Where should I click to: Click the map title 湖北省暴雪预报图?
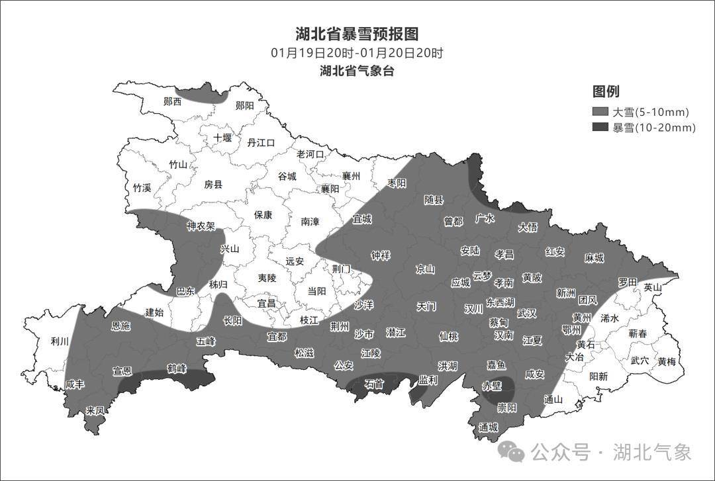[357, 34]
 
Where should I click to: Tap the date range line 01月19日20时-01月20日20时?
[357, 53]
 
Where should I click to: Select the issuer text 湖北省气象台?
[357, 71]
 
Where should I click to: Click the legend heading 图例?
[606, 92]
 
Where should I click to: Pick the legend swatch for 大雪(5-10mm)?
[600, 112]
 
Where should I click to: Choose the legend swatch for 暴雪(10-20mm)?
[600, 128]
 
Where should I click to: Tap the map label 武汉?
[527, 313]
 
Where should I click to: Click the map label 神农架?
[201, 226]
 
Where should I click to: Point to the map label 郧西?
[172, 102]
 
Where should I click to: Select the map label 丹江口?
[260, 142]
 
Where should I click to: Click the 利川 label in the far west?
[60, 341]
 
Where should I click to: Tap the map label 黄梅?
[667, 361]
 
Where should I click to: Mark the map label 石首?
[374, 384]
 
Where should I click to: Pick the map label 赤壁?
[491, 385]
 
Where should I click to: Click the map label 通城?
[489, 427]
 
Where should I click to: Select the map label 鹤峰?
[177, 368]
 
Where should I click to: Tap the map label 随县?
[434, 200]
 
